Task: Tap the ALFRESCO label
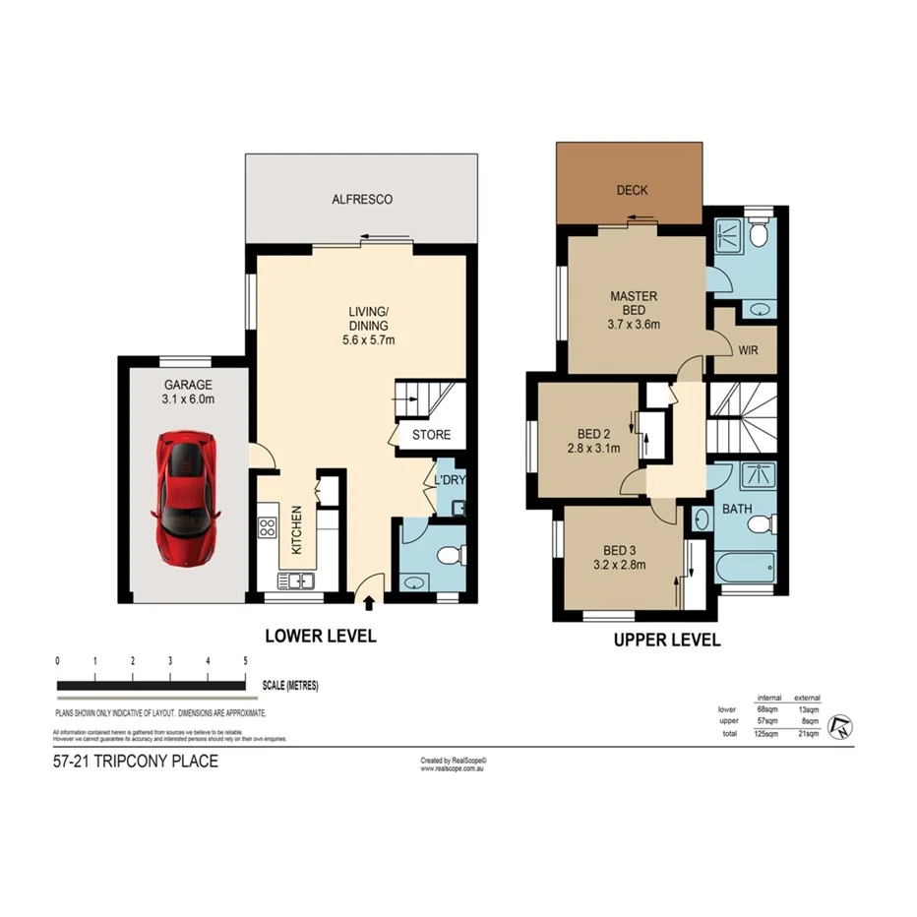pos(363,200)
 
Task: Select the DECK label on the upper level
pos(631,191)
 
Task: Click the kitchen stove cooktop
pos(266,526)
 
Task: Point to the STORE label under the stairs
pos(431,435)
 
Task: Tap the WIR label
pos(748,348)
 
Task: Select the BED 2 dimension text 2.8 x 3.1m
pos(593,449)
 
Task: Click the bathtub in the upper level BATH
pos(746,567)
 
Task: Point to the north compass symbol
pos(841,727)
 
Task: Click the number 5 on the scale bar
pos(245,661)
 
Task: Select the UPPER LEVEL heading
pos(666,640)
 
